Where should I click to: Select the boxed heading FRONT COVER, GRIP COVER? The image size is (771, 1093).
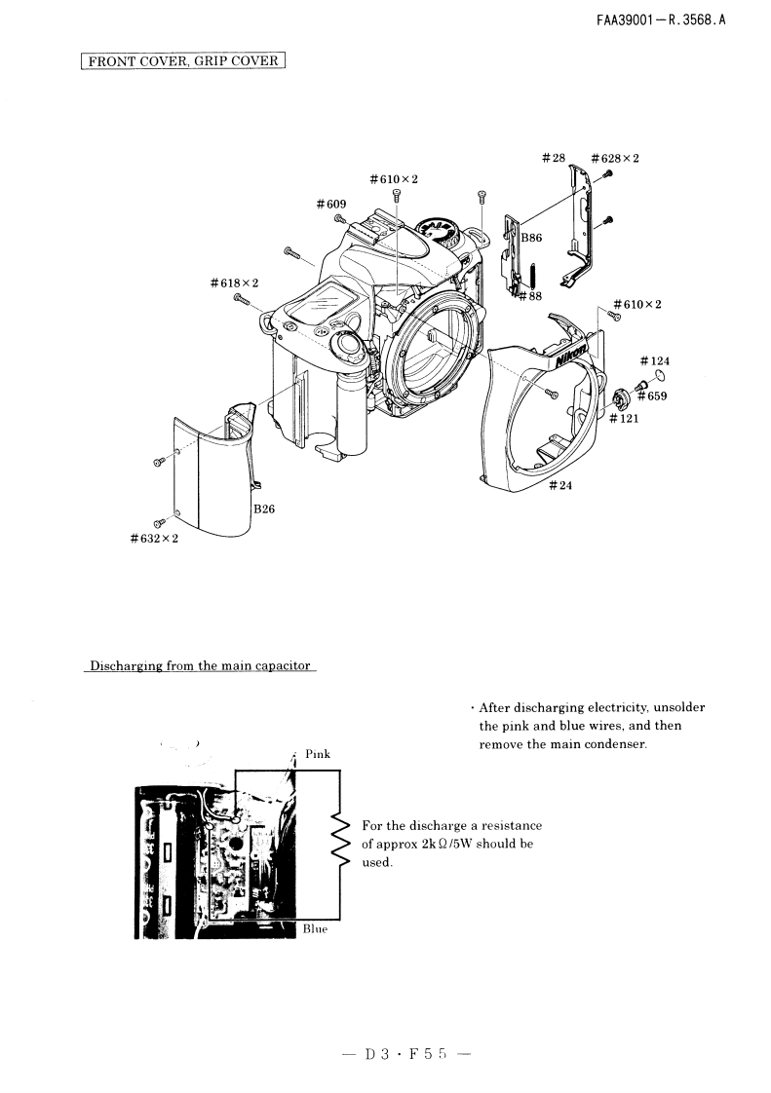(x=182, y=61)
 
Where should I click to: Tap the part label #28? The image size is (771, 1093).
(x=553, y=158)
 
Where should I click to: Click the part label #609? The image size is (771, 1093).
(x=331, y=204)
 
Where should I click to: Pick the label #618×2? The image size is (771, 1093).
(x=234, y=283)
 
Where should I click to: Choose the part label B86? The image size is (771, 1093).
(x=531, y=238)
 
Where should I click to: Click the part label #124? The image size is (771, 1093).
(x=655, y=361)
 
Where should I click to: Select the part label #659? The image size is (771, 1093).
(x=652, y=396)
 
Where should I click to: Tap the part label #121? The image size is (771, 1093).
(x=624, y=419)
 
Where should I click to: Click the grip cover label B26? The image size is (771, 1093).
(x=265, y=509)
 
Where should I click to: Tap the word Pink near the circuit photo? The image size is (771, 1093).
(x=318, y=753)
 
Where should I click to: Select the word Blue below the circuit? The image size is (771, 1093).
(x=315, y=928)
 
